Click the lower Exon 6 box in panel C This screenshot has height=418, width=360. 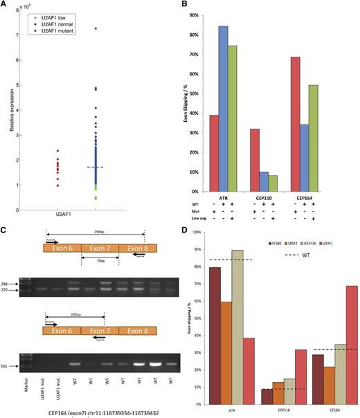62,331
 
